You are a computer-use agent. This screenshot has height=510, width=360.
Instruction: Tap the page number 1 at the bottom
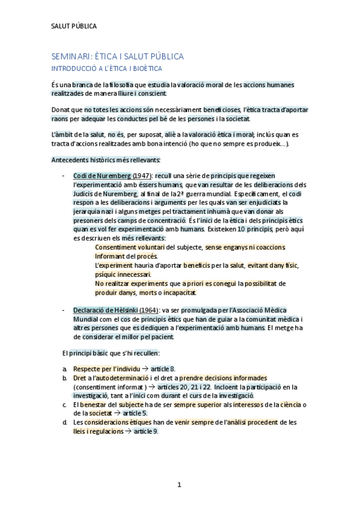point(179,484)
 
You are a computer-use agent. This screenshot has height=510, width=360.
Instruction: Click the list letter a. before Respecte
point(65,369)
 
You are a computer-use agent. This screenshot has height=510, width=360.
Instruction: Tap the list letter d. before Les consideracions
point(65,423)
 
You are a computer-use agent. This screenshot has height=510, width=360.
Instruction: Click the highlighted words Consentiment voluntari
point(130,247)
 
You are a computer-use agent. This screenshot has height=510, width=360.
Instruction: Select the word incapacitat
point(177,292)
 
